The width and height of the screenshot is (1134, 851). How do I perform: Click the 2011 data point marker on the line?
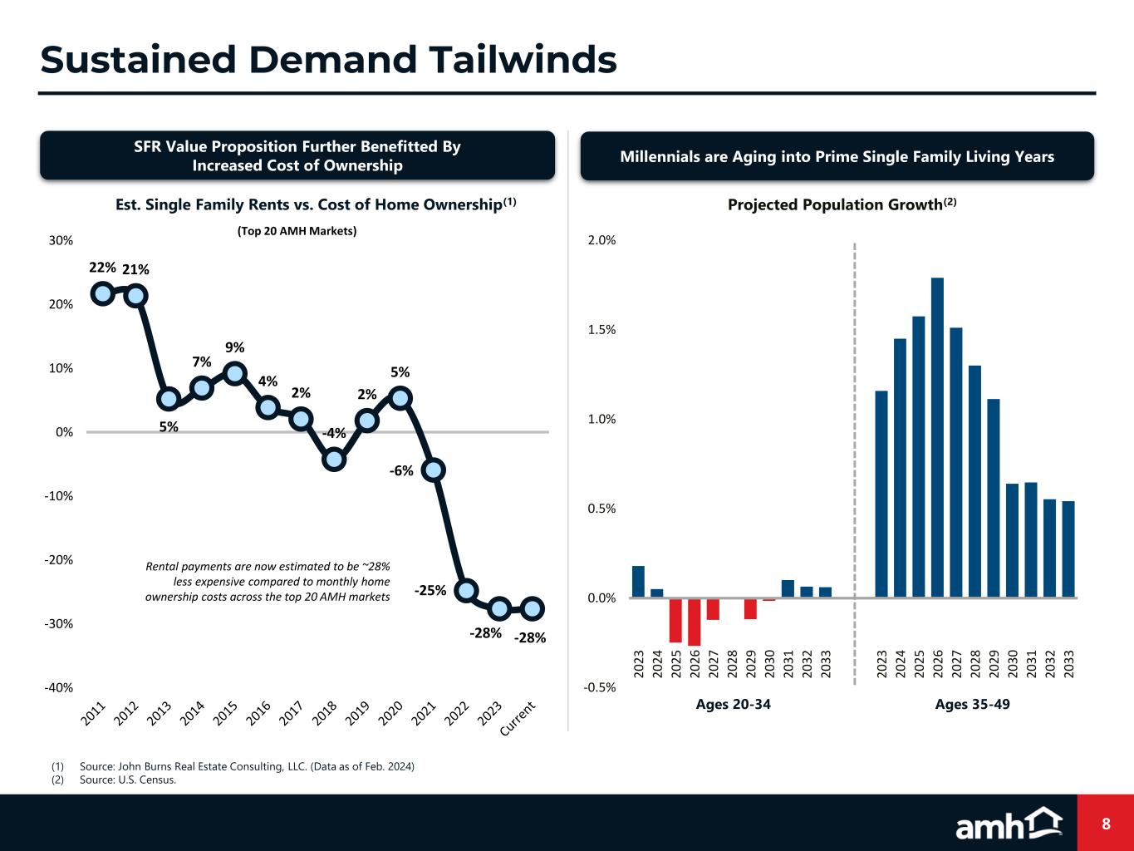[102, 293]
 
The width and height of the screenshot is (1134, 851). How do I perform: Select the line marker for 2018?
[334, 459]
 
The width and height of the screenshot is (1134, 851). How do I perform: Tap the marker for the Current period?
[533, 608]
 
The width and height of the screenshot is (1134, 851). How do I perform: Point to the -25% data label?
[430, 591]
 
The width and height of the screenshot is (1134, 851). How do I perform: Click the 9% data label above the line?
[234, 347]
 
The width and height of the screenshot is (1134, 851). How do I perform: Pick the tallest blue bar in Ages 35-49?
[937, 437]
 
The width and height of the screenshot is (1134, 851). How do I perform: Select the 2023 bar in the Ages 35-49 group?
[881, 494]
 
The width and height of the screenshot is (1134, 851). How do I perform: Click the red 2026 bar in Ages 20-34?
[695, 622]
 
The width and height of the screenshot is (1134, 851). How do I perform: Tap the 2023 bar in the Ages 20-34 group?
[638, 582]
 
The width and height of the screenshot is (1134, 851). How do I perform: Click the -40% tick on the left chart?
[59, 687]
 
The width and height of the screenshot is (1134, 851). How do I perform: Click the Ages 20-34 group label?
[733, 704]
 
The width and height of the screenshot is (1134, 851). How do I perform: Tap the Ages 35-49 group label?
[972, 704]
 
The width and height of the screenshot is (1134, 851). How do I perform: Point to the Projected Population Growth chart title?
[842, 204]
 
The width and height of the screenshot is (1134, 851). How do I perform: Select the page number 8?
[1106, 824]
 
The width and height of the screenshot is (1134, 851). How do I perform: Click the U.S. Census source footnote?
[127, 780]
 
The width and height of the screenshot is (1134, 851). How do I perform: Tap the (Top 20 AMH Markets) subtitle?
[292, 231]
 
